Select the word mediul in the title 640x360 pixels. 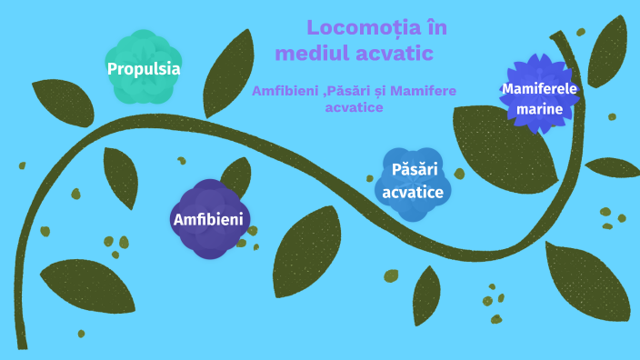(311, 54)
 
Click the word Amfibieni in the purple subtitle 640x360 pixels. (288, 91)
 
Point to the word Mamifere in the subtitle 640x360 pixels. (424, 91)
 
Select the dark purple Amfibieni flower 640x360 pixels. (211, 219)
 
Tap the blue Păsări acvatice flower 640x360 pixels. (413, 182)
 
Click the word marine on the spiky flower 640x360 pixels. (540, 109)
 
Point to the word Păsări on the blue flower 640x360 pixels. (415, 170)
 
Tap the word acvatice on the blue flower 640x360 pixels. (413, 192)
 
